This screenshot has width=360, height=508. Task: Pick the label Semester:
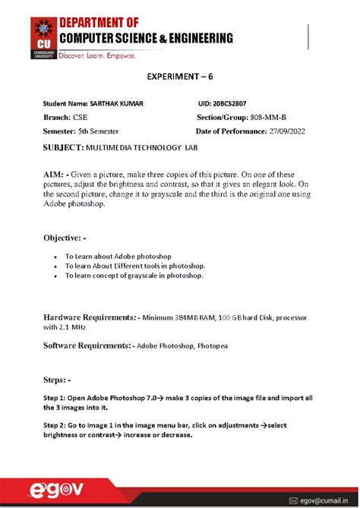tap(62, 131)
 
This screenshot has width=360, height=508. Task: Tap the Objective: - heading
tap(69, 238)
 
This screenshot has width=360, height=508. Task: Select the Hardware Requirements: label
tap(90, 316)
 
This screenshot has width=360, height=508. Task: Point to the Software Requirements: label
tap(87, 346)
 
